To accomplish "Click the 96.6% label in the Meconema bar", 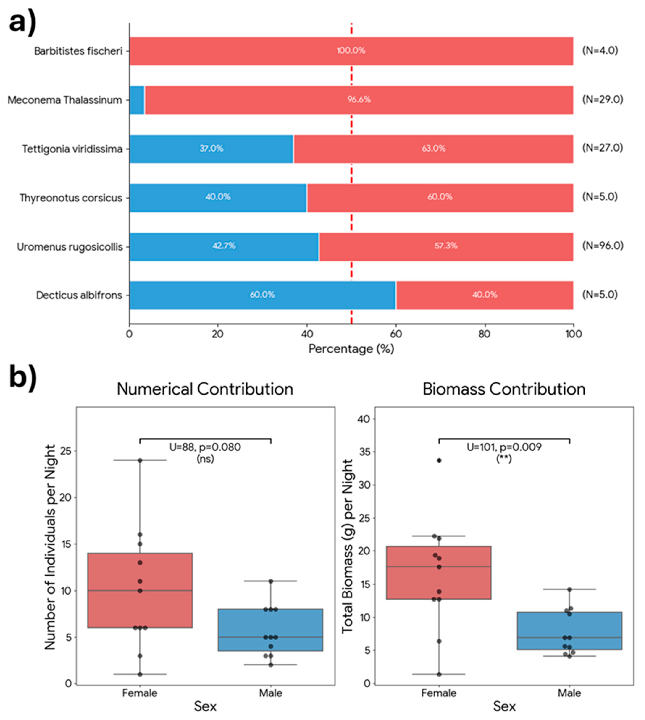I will [x=359, y=99].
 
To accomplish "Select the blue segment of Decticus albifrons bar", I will [x=262, y=295].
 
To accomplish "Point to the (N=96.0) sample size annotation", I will [x=603, y=246].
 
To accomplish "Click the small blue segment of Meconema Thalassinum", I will [x=137, y=100].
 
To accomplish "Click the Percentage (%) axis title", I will [x=351, y=349].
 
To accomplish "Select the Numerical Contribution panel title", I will [x=205, y=389].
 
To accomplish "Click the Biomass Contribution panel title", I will [x=504, y=389].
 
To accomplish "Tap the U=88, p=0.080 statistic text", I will [x=205, y=447].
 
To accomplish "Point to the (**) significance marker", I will [x=504, y=459].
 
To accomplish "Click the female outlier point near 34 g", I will [x=439, y=460].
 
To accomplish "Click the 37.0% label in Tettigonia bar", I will [x=211, y=148].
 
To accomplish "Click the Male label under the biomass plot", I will [x=569, y=693].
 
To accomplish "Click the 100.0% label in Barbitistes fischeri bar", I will [x=351, y=51].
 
